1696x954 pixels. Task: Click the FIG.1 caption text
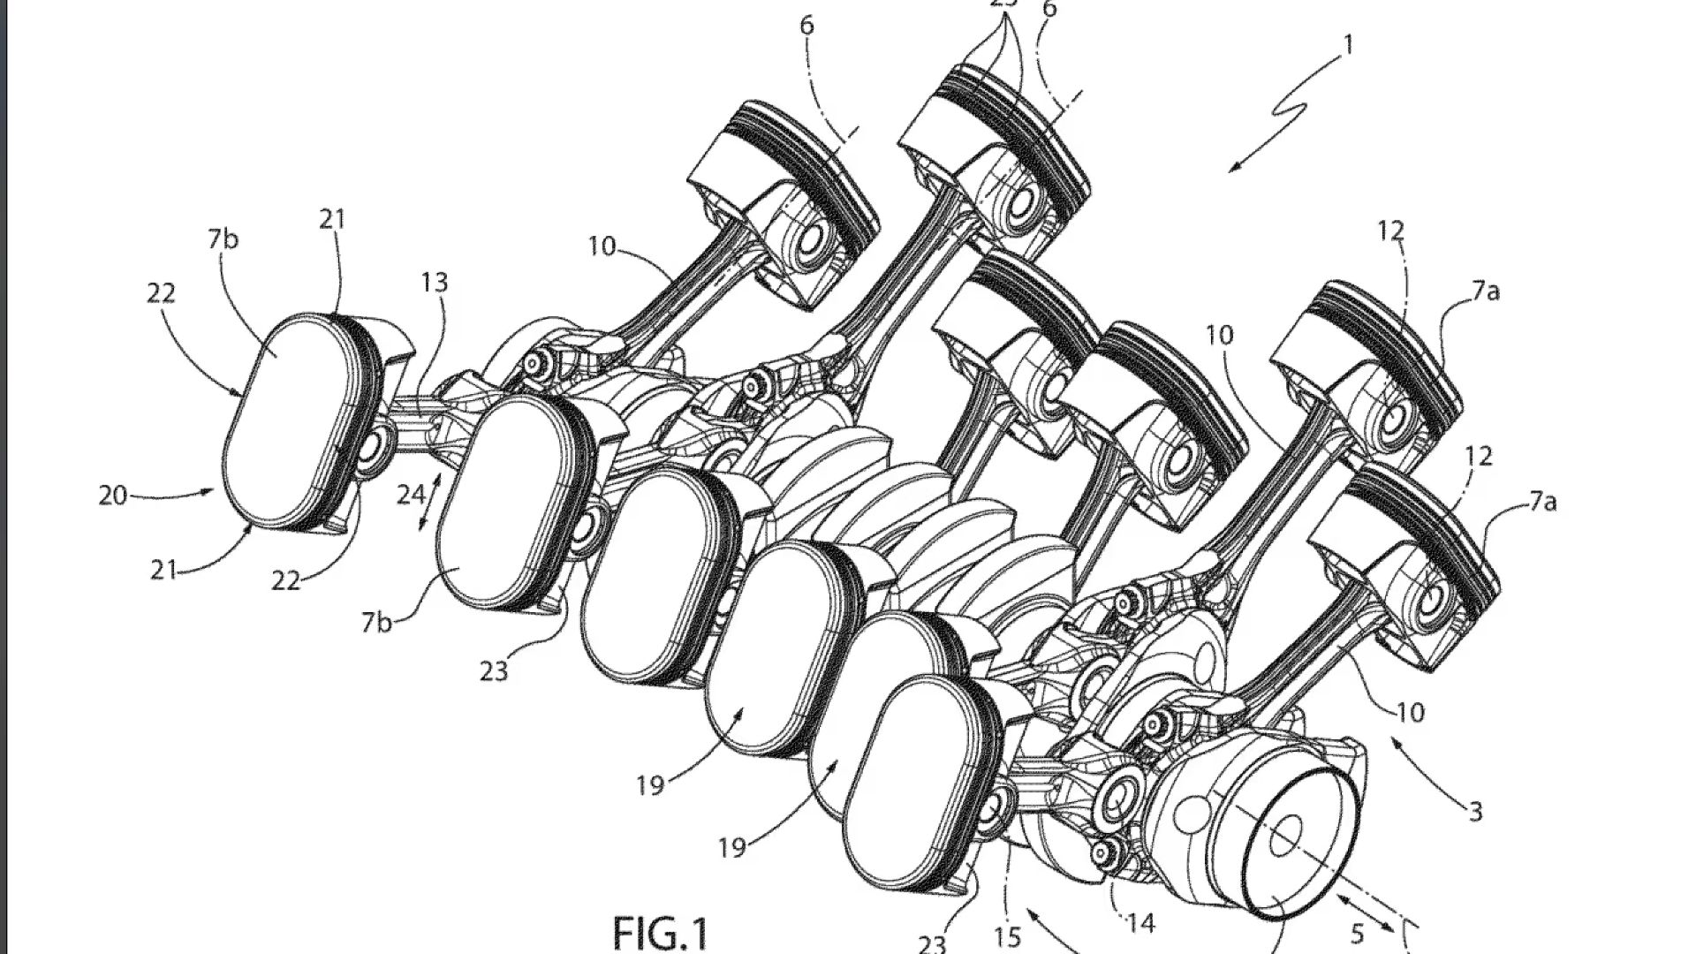661,933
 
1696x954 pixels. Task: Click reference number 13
434,283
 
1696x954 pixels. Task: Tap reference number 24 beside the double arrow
411,495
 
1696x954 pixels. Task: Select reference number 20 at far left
113,496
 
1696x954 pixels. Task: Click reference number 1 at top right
1348,44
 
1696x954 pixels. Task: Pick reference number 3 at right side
1474,812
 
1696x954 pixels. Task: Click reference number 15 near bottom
1007,936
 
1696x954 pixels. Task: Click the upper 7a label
1486,291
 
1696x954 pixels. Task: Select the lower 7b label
376,623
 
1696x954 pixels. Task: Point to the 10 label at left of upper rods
602,246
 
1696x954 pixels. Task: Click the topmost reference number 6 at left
806,26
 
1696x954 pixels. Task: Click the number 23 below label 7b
494,672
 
